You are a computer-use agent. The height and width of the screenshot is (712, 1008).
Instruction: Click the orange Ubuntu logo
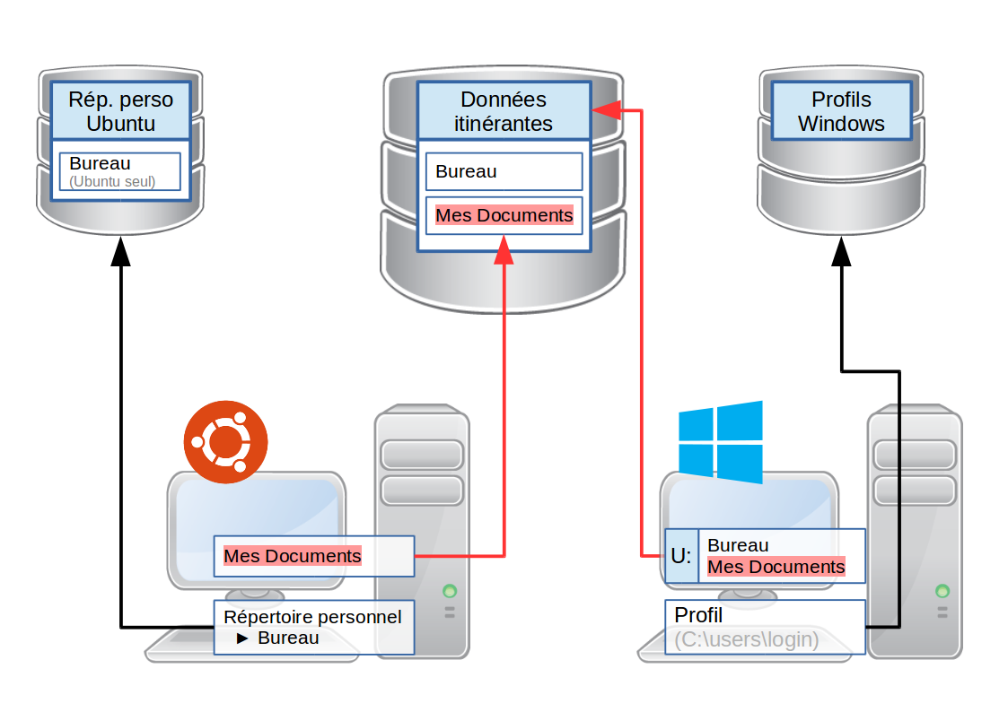click(x=226, y=443)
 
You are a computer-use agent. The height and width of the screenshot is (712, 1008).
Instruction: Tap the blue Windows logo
click(x=720, y=441)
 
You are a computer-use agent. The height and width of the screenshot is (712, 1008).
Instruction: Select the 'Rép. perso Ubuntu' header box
click(x=120, y=111)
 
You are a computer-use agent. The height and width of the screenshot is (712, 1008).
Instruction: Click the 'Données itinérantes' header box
click(x=503, y=111)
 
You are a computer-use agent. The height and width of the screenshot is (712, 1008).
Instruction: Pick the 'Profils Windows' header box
click(x=841, y=111)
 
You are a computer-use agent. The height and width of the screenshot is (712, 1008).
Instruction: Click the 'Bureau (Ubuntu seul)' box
click(x=120, y=172)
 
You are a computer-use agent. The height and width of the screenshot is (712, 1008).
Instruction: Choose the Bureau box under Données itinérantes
click(x=504, y=171)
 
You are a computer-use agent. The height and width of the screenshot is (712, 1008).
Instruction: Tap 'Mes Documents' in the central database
click(x=504, y=215)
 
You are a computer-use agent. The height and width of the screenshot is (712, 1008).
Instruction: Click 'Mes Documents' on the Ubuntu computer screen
click(x=293, y=556)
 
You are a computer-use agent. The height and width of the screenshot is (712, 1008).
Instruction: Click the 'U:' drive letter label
click(x=681, y=556)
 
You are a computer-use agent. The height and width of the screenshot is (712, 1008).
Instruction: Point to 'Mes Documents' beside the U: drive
click(x=776, y=567)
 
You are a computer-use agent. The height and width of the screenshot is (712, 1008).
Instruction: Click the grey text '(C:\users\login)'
click(x=747, y=639)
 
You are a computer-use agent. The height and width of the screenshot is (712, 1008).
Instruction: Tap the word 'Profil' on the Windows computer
click(x=698, y=616)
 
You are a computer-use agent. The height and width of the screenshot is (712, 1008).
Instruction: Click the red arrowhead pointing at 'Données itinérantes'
click(x=605, y=110)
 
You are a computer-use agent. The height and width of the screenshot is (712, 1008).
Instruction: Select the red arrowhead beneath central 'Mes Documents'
click(x=504, y=252)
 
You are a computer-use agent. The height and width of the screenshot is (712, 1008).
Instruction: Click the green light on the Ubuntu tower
click(x=450, y=591)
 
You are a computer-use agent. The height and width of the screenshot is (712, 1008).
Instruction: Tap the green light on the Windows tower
click(x=942, y=591)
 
